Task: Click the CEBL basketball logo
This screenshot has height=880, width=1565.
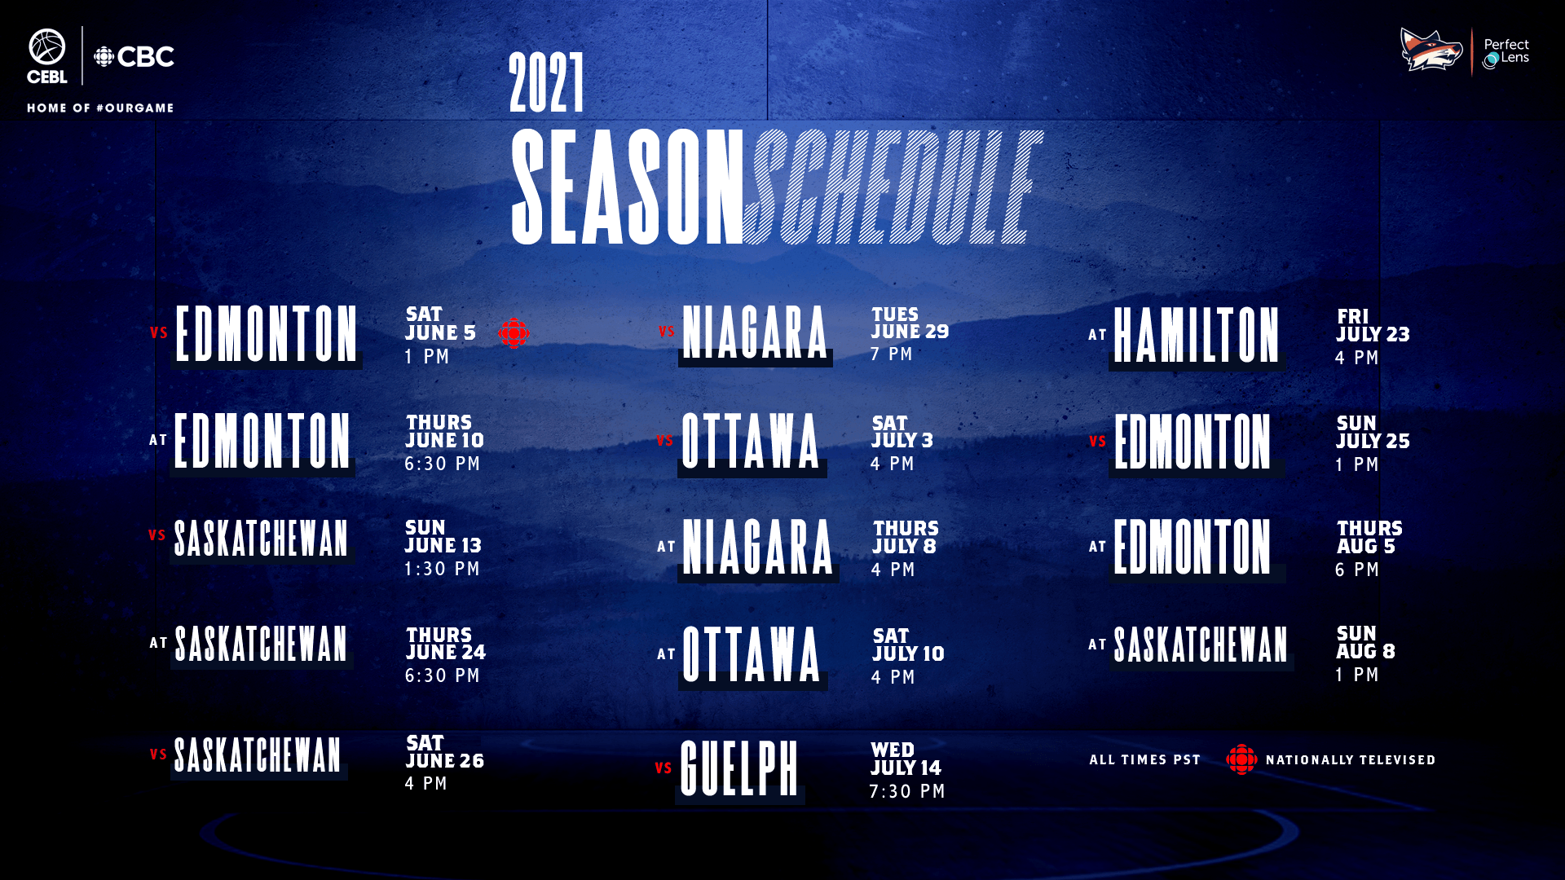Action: (47, 56)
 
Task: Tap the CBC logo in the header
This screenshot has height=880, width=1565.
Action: (134, 57)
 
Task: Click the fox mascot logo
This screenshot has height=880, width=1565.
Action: (1431, 50)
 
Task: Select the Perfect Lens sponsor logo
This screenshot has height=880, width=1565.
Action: (1505, 53)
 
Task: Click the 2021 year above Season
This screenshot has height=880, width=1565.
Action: (547, 83)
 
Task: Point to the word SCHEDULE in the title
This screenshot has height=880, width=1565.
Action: (893, 187)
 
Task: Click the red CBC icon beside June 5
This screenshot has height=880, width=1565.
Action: (514, 332)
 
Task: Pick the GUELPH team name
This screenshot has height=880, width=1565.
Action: (739, 768)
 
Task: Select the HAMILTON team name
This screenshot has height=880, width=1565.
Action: (1196, 335)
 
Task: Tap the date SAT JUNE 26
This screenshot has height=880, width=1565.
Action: (445, 752)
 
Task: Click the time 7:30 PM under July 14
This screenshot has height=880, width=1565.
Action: (907, 791)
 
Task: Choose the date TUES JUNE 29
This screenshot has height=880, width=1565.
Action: (910, 323)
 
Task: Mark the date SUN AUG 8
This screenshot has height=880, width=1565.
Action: (1365, 642)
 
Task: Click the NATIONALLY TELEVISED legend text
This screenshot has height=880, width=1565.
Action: (1351, 759)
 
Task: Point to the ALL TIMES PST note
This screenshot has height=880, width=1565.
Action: (1145, 759)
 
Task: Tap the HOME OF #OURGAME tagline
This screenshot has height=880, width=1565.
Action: (100, 108)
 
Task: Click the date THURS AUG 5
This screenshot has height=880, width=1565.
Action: (1369, 537)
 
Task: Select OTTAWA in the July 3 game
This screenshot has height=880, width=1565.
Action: (751, 441)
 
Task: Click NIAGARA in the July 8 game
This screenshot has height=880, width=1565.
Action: (758, 547)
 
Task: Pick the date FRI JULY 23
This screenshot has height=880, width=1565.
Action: (1373, 326)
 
